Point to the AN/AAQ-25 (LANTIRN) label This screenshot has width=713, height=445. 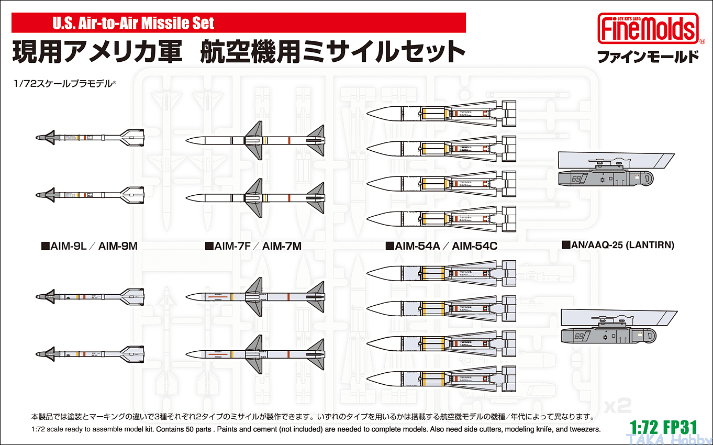(x=618, y=244)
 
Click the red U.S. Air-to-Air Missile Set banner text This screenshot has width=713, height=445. (x=133, y=23)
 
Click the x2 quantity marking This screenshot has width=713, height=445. (x=618, y=404)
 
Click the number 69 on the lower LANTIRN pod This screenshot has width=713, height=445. (x=578, y=336)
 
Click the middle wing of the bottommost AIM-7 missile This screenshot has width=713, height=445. (x=254, y=353)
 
